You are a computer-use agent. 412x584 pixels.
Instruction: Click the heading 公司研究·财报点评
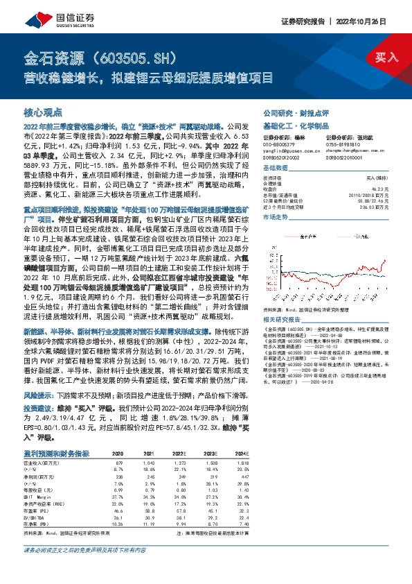(290, 111)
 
